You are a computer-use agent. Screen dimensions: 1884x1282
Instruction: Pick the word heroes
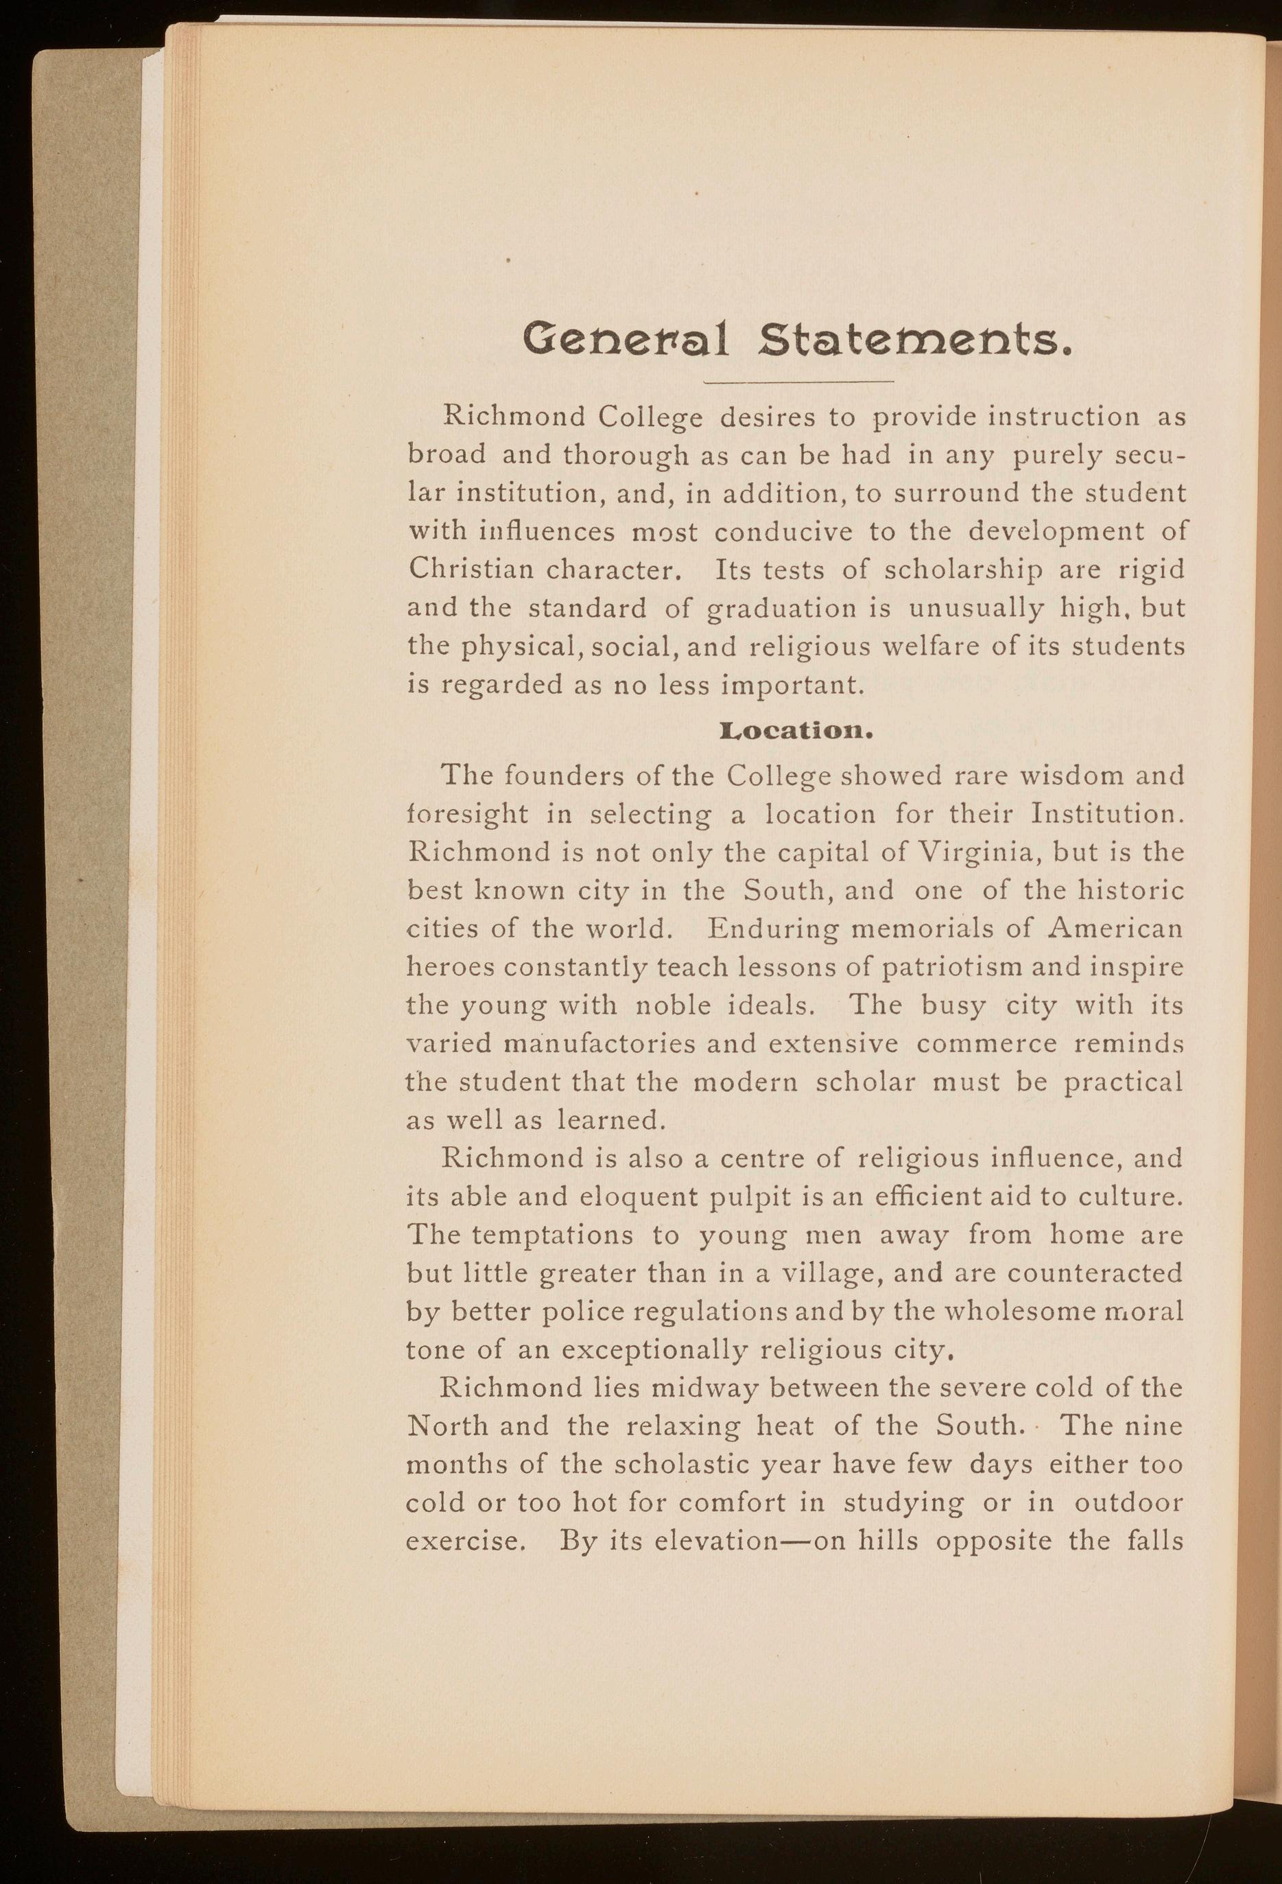[x=447, y=968]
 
